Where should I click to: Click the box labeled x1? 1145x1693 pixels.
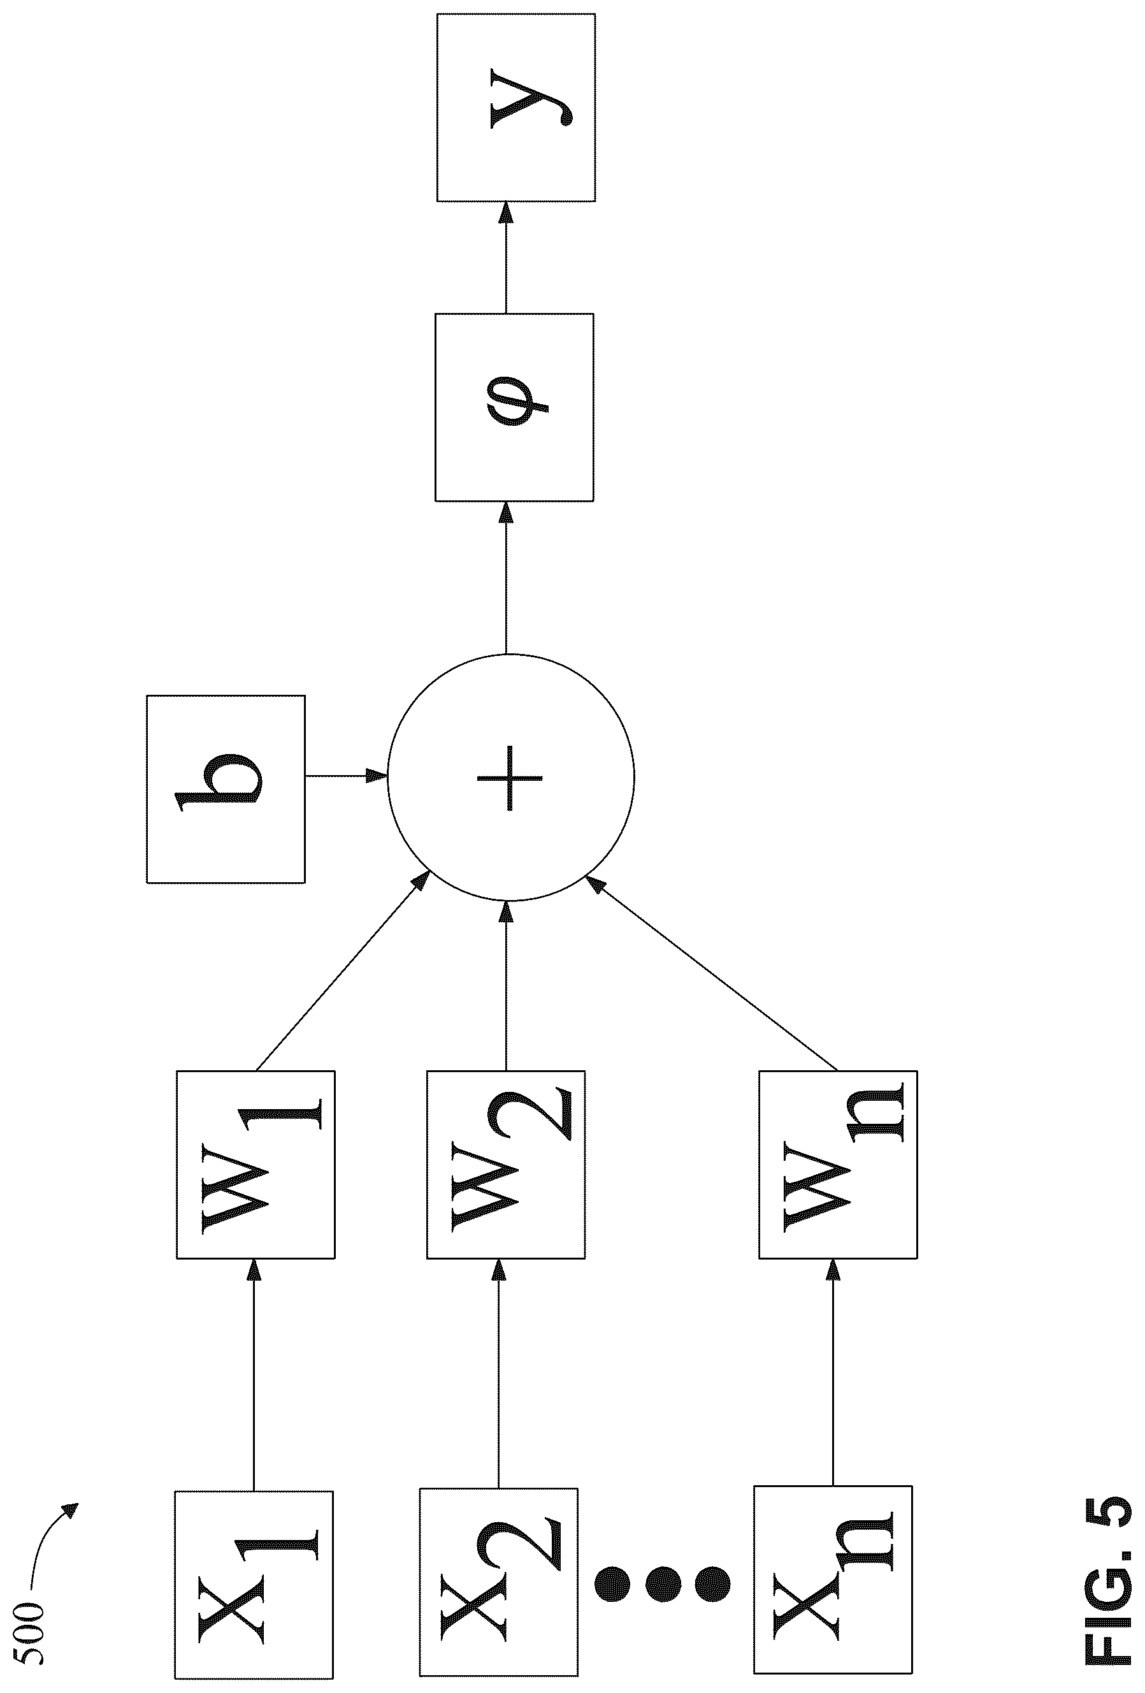pos(254,1585)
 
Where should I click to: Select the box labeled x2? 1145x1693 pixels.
pos(499,1581)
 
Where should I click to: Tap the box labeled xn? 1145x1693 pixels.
pos(833,1580)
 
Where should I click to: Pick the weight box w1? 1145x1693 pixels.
pos(256,1164)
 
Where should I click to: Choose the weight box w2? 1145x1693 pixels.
pos(505,1164)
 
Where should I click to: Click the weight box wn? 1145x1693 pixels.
pos(838,1164)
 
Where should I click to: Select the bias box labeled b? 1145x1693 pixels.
pos(226,789)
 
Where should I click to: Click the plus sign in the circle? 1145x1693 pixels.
pos(510,777)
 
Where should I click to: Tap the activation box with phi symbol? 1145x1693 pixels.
pos(514,407)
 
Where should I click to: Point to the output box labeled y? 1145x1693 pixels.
pos(515,107)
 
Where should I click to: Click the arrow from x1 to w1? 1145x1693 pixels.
pos(254,1375)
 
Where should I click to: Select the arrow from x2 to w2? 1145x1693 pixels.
pos(499,1373)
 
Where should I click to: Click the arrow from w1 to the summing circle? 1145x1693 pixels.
pos(342,972)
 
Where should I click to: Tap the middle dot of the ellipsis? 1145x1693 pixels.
pos(661,1581)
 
